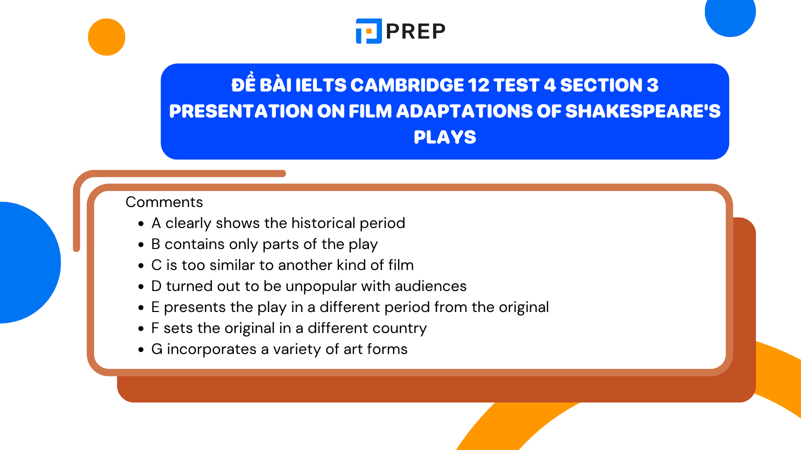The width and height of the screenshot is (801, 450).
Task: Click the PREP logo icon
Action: pos(369,31)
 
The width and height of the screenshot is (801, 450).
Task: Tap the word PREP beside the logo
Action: pos(416,31)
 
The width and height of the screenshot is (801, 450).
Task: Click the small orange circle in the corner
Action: pos(107,37)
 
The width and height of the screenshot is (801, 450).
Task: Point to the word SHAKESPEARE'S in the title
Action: pos(643,111)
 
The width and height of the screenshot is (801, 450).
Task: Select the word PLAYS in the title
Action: pos(445,137)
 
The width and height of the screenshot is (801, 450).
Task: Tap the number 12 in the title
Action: pos(479,85)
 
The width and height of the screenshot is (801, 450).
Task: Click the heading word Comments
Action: pos(164,202)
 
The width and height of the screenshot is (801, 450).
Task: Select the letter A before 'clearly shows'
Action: pos(156,223)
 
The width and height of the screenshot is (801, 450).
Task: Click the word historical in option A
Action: pos(323,223)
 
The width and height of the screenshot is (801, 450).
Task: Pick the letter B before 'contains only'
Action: pos(156,244)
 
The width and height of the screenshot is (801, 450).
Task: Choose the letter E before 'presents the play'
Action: pos(155,307)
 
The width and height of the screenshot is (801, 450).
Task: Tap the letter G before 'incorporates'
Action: pos(157,349)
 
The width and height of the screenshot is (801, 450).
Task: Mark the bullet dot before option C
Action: pos(141,265)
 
